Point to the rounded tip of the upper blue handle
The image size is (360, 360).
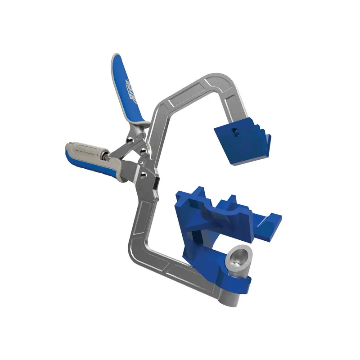[114, 58]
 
